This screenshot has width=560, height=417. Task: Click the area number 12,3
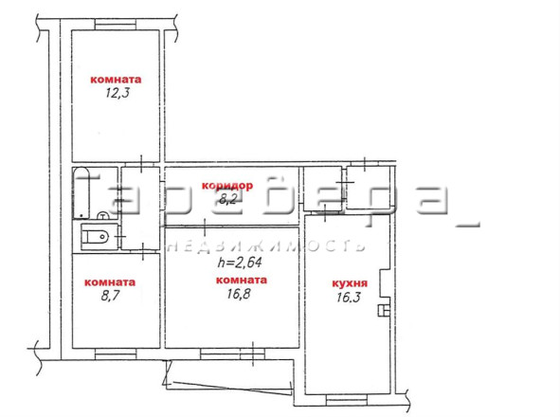(117, 93)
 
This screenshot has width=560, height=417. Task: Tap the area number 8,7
(110, 296)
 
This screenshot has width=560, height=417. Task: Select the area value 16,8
(239, 294)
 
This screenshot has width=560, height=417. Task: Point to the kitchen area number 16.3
(349, 297)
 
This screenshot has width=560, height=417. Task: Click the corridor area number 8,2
(227, 199)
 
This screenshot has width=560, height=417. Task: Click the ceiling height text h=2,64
(240, 263)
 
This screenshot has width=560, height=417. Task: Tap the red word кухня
(350, 283)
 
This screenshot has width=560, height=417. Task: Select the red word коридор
(227, 186)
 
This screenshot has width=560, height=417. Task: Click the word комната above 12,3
(116, 80)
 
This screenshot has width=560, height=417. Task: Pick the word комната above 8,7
(110, 282)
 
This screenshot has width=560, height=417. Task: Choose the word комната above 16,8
(242, 281)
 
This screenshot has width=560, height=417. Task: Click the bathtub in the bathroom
(81, 193)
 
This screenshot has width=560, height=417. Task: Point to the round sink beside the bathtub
(103, 215)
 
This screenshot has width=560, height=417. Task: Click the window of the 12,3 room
(116, 25)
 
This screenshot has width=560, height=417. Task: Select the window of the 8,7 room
(116, 354)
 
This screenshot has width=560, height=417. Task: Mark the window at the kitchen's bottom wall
(347, 400)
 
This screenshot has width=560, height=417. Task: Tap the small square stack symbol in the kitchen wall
(384, 311)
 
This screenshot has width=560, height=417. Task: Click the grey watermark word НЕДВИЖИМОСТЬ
(267, 246)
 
